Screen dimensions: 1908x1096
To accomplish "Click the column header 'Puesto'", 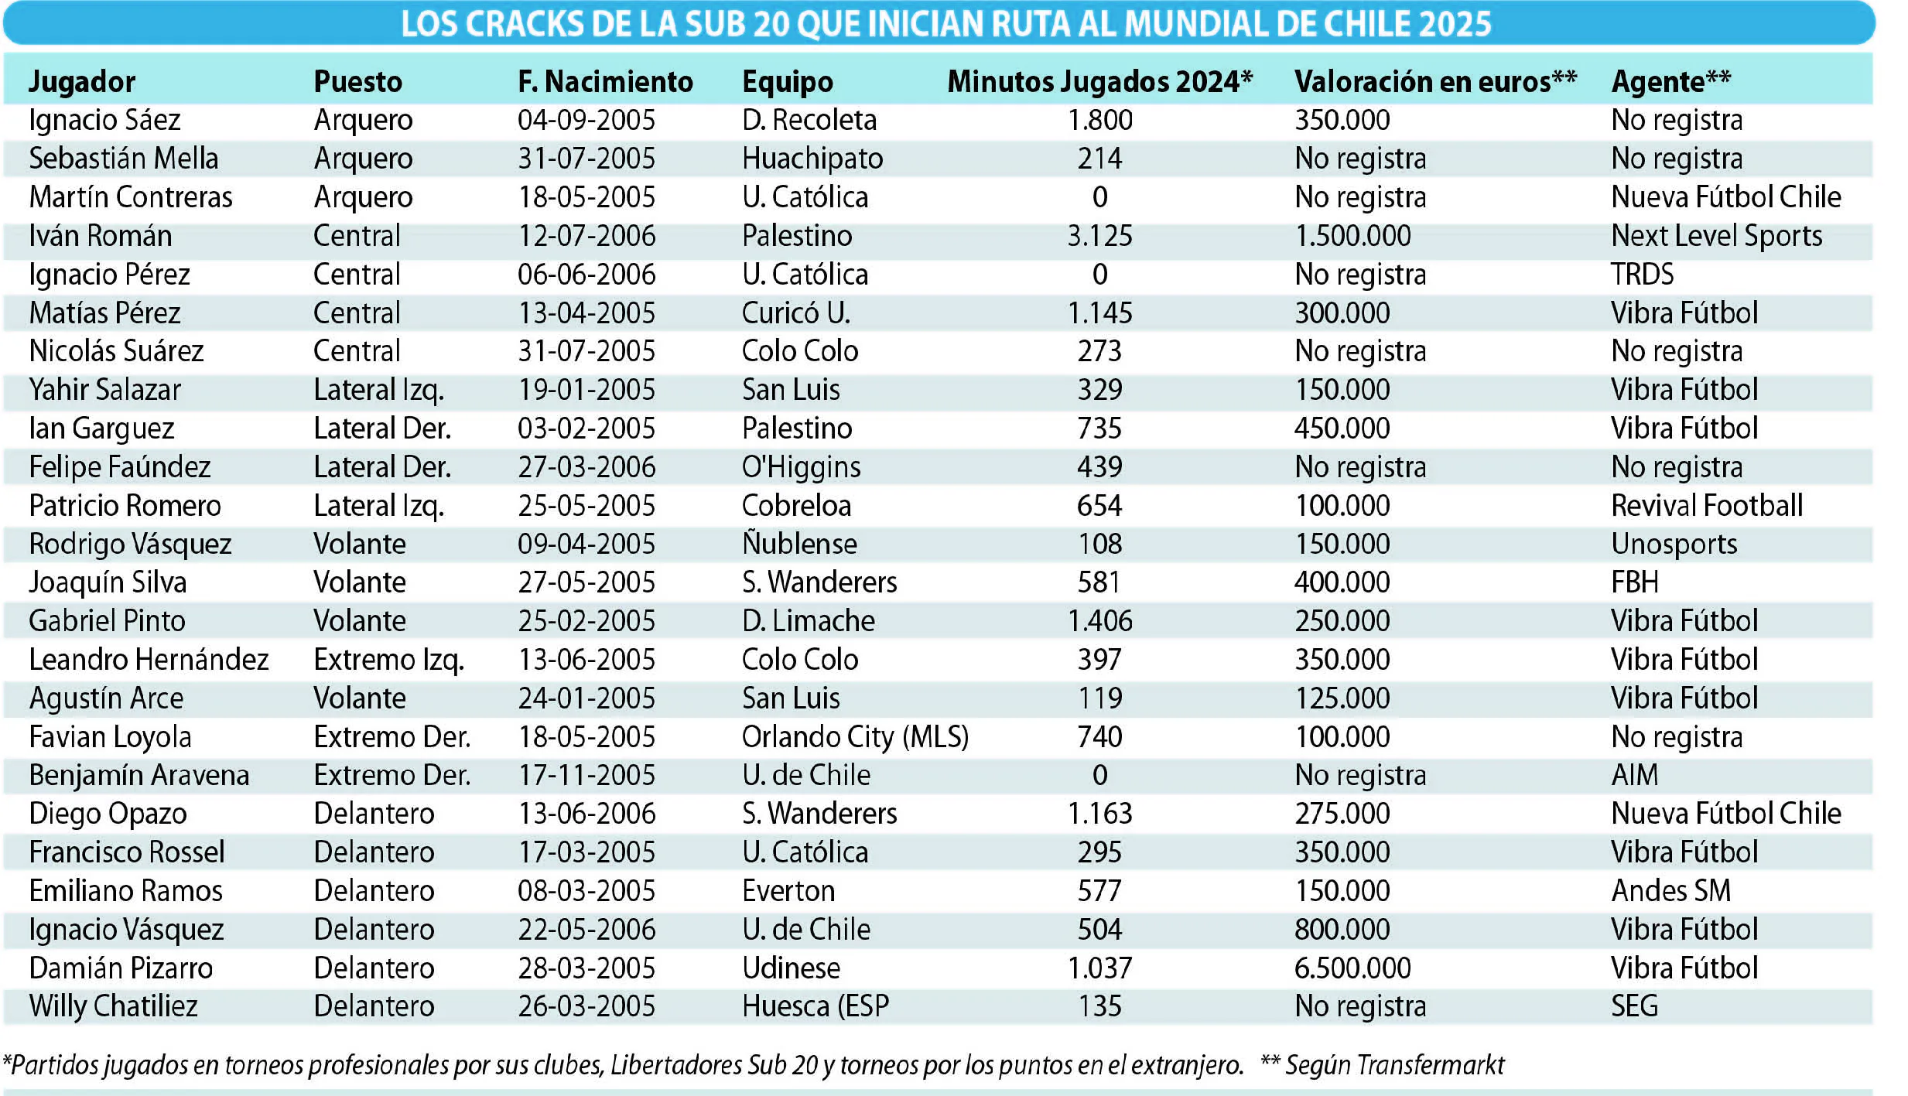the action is coord(357,81).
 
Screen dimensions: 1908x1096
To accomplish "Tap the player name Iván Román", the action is coord(101,235).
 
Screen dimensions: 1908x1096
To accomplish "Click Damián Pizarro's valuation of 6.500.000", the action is coord(1352,968).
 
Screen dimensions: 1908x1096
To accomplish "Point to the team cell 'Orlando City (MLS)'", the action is coord(855,737).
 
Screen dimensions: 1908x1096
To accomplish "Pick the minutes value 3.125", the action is coord(1099,235).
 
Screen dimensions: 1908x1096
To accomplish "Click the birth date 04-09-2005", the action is coord(586,120).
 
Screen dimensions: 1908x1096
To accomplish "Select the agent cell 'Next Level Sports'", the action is coord(1717,236).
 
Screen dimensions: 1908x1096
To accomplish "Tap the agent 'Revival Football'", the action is coord(1707,505).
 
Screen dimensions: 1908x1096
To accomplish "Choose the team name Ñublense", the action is coord(799,543).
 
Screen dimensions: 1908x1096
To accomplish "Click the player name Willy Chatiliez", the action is coord(113,1006).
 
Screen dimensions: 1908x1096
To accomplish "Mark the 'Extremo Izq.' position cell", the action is coord(388,660).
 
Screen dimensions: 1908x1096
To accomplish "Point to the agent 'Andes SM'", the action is coord(1671,890).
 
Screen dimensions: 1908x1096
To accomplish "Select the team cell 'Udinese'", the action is coord(791,968).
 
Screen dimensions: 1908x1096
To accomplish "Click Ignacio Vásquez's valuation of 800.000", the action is coord(1342,929).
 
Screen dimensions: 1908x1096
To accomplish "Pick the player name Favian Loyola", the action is coord(110,737).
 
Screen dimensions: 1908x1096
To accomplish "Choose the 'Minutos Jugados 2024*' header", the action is coord(1099,81).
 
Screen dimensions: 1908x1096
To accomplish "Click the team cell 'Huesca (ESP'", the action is coord(816,1006).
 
